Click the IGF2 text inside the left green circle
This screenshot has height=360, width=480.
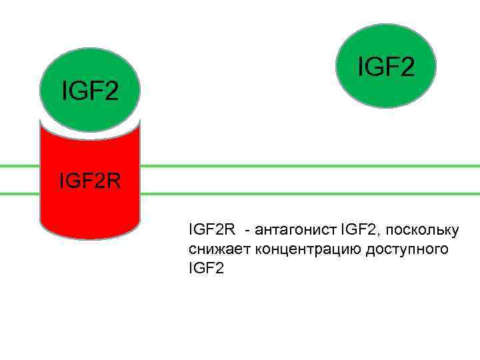click(90, 90)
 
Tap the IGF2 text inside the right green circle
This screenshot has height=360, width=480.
click(386, 67)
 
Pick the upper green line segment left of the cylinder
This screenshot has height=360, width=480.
click(19, 166)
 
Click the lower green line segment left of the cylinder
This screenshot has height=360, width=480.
click(19, 193)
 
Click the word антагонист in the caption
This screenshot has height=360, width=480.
click(295, 231)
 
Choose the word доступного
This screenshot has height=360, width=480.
click(409, 249)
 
